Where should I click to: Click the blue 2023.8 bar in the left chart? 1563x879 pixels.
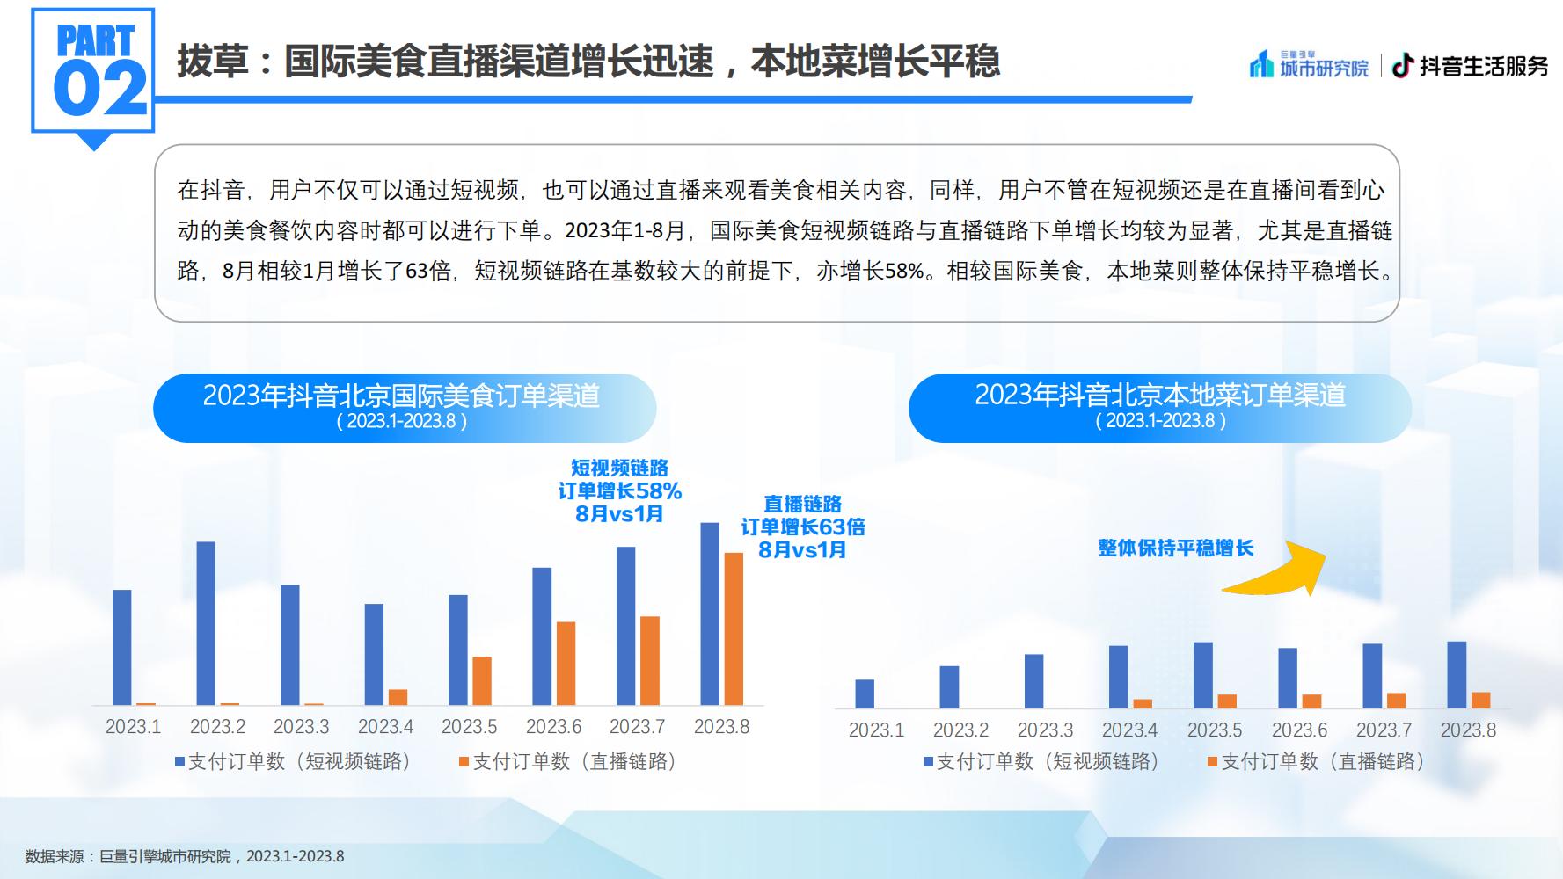[x=710, y=614]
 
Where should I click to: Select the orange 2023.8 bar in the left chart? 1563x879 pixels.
[x=734, y=629]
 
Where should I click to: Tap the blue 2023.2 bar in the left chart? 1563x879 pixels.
[x=206, y=624]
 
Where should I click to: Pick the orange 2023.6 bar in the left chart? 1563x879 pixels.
[x=566, y=664]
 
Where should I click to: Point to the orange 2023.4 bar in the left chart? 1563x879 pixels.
[x=398, y=698]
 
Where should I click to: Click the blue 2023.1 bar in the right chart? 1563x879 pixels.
[x=865, y=694]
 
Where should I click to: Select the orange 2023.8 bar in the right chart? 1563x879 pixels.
[x=1481, y=701]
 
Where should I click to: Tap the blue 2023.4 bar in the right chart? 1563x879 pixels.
[x=1119, y=678]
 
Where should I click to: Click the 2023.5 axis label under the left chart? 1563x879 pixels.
[x=470, y=727]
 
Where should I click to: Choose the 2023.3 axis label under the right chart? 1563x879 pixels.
[x=1046, y=730]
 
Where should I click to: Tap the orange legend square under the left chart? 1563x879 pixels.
[x=464, y=762]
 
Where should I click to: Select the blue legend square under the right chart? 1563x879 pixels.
[x=928, y=762]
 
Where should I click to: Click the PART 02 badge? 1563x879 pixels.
[x=93, y=75]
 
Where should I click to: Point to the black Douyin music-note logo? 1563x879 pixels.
[x=1403, y=66]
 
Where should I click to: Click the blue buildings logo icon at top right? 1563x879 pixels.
[x=1262, y=64]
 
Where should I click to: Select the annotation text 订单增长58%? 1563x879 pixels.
[x=620, y=490]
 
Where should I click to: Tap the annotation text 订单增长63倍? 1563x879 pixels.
[x=803, y=527]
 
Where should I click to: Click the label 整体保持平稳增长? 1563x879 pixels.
[x=1176, y=548]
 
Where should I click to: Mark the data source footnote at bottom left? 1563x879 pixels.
[x=185, y=856]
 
